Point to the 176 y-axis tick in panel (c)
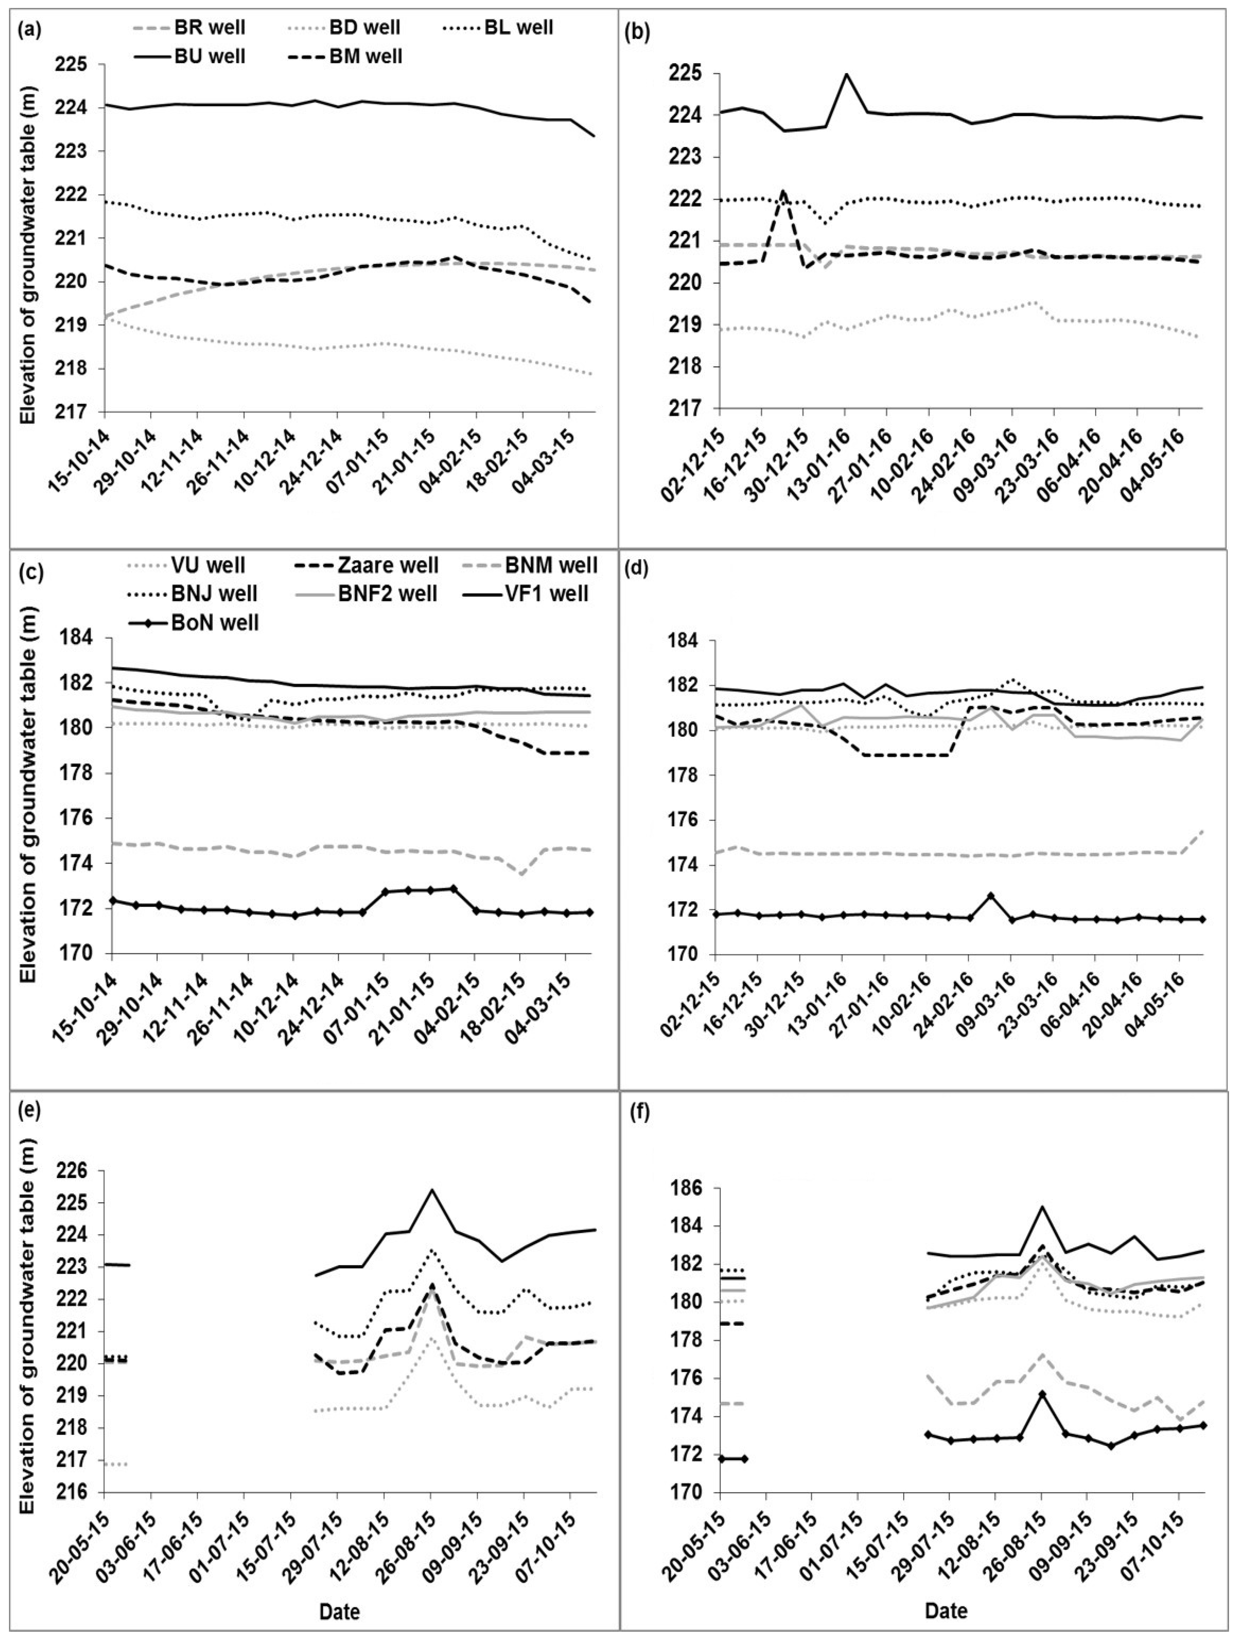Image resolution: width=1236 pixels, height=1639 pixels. click(x=81, y=818)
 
